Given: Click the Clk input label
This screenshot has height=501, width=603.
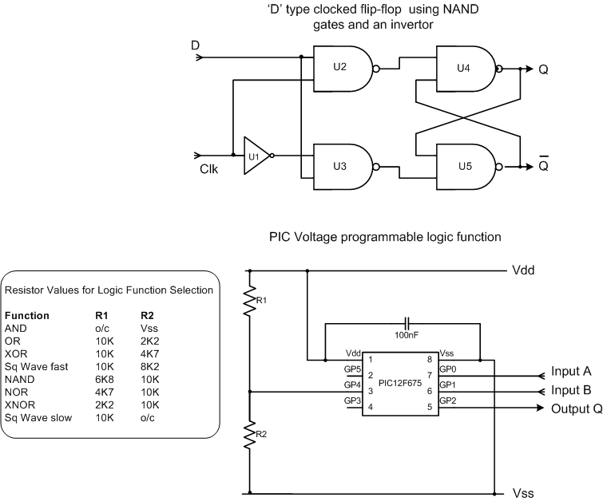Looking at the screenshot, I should pos(209,170).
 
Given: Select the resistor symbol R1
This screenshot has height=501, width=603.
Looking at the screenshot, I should pos(251,299).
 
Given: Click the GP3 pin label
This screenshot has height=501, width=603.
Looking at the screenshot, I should pos(352,400).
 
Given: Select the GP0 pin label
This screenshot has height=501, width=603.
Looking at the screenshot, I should pos(448,370).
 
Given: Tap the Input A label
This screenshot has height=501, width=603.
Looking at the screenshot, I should pos(570,373).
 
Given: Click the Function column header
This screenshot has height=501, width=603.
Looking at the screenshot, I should pos(27,315).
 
